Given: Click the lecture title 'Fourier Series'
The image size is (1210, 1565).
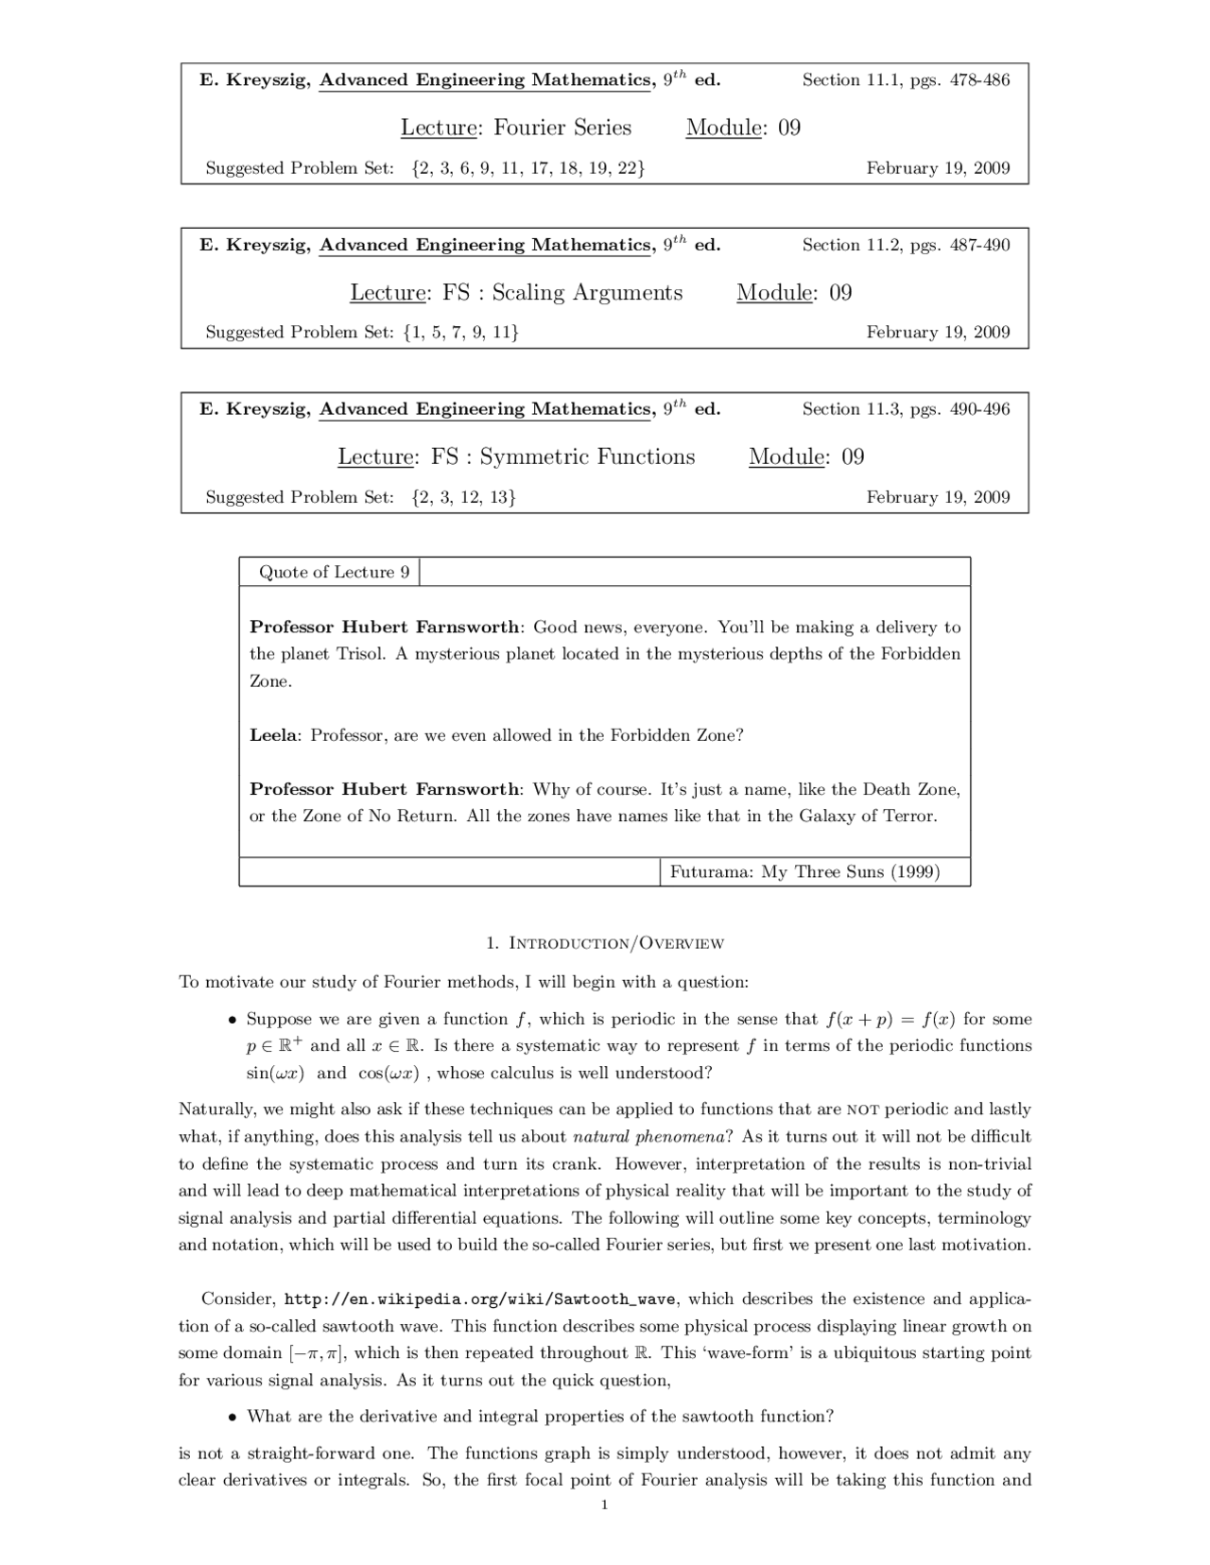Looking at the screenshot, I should tap(562, 128).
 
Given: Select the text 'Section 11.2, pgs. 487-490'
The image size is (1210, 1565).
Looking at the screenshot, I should tap(906, 245).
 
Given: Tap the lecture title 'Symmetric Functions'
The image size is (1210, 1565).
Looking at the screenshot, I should tap(587, 456).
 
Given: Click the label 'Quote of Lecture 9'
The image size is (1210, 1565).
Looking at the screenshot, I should tap(334, 572).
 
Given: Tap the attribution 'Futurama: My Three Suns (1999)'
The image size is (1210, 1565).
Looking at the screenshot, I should tap(804, 871).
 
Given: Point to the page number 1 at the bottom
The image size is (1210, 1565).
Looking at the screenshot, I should tap(604, 1505).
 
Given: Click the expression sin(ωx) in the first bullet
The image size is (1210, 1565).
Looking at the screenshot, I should tap(275, 1073).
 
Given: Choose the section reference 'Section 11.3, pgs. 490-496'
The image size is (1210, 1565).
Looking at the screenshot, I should tap(906, 409).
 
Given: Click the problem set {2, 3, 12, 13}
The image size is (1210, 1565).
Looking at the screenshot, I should tap(463, 497).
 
